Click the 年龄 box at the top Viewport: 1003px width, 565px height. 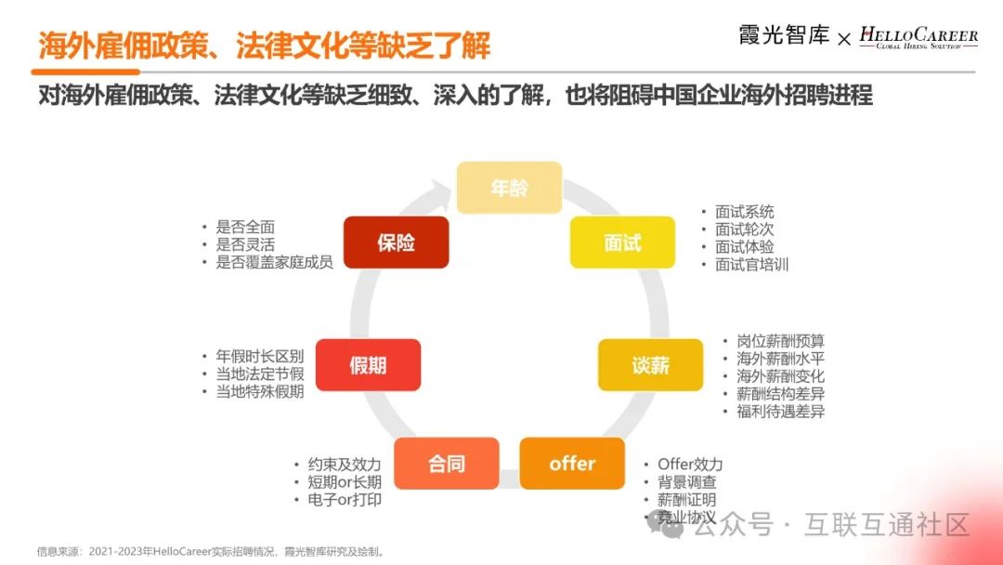(x=509, y=188)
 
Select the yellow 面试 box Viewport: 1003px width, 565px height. (x=622, y=243)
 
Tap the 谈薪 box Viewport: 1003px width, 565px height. (x=650, y=365)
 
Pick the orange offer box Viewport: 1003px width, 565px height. (x=572, y=463)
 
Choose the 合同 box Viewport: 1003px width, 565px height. (x=447, y=463)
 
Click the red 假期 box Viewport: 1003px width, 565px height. (x=368, y=365)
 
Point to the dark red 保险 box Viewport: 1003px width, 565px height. (x=396, y=243)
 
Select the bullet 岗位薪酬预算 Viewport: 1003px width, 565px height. (x=780, y=341)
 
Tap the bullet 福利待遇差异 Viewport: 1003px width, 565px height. (x=780, y=412)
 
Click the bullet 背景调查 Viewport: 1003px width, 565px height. (x=686, y=482)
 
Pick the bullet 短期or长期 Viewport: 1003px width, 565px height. (x=344, y=482)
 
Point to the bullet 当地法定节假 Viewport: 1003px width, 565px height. (x=259, y=374)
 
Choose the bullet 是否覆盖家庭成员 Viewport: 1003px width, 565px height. (x=274, y=262)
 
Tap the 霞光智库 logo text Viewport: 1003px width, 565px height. (x=784, y=36)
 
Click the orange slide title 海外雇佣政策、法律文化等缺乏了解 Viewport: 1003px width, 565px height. (x=266, y=45)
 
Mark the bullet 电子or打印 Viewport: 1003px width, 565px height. (x=344, y=500)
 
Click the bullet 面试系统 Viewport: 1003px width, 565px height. (x=744, y=212)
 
